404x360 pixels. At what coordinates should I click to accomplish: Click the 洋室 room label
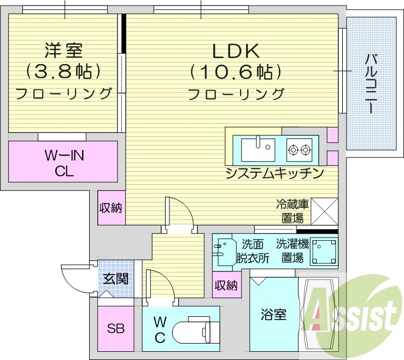coord(63,50)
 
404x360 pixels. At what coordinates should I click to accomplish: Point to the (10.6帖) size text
coord(235,71)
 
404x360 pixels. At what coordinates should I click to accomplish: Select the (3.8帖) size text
coord(63,71)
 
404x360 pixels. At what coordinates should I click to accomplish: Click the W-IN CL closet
coord(63,161)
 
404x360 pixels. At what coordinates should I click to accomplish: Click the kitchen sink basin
coord(259,147)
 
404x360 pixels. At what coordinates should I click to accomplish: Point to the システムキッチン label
coord(275,173)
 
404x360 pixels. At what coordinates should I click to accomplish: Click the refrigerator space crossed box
coord(324,211)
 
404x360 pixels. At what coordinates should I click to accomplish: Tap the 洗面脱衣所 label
coord(253,251)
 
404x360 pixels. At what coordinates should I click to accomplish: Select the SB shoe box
coord(115,328)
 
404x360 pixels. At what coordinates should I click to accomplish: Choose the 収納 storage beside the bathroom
coord(226,284)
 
